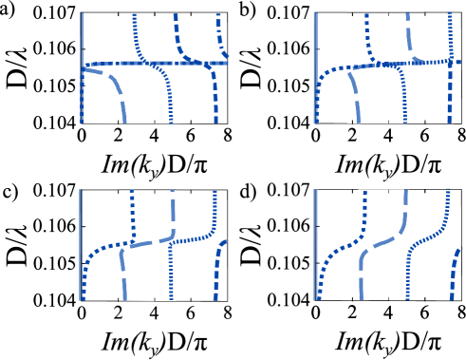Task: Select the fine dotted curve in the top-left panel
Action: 168,95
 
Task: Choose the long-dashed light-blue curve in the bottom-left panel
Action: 152,241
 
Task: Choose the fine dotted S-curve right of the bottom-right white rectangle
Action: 432,234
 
